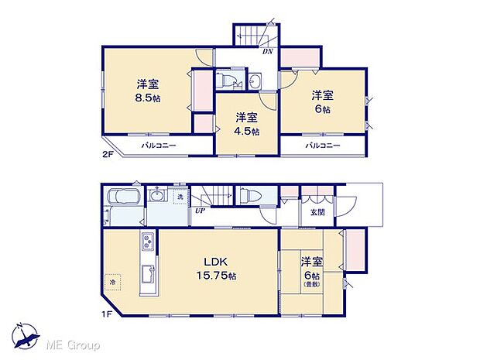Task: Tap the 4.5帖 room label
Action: point(247,124)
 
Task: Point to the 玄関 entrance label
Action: point(318,212)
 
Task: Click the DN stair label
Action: point(268,52)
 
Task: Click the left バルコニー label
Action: point(159,146)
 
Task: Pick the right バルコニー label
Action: point(322,146)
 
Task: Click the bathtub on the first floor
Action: point(122,199)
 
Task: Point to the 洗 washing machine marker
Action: point(179,197)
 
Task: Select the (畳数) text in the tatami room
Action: point(312,285)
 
